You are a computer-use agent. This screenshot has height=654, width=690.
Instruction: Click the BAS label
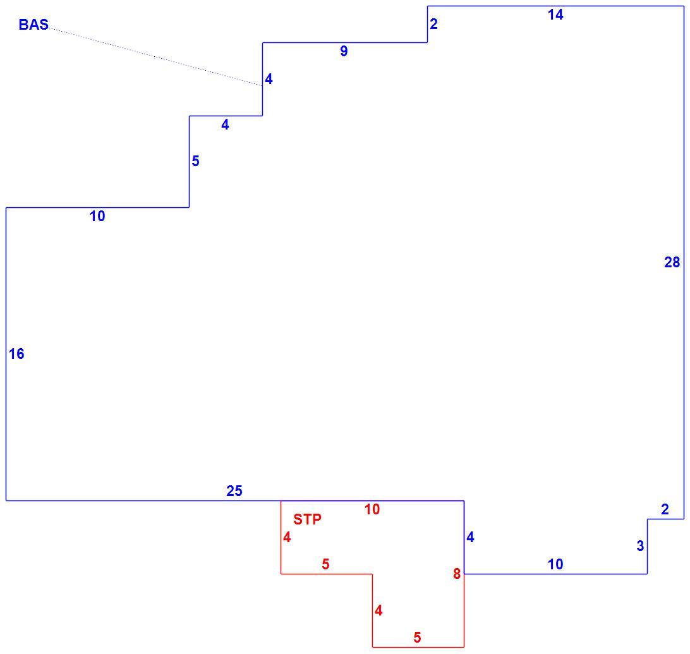pos(33,24)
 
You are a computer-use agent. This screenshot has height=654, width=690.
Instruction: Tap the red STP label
pos(307,519)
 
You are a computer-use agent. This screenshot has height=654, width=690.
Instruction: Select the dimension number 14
pos(555,15)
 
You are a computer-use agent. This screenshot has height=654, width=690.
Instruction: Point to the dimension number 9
pos(344,51)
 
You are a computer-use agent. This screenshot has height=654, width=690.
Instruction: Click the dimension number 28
pos(672,262)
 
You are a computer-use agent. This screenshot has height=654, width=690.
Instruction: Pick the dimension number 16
pos(16,353)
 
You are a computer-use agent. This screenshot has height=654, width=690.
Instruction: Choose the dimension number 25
pos(234,491)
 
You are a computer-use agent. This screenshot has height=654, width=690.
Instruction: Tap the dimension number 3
pos(640,546)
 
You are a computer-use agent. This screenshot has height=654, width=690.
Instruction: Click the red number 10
pos(372,509)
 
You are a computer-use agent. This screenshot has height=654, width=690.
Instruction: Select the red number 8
pos(457,574)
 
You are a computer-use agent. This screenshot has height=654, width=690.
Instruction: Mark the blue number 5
pos(195,161)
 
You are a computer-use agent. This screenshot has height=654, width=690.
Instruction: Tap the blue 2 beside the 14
pos(433,24)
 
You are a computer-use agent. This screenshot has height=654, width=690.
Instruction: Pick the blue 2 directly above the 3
pos(665,509)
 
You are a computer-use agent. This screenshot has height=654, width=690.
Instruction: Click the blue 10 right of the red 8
pos(555,564)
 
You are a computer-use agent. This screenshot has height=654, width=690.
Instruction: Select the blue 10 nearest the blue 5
pos(97,216)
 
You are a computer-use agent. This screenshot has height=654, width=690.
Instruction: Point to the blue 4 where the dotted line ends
pos(269,79)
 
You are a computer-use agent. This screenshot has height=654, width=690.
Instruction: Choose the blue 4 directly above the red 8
pos(470,537)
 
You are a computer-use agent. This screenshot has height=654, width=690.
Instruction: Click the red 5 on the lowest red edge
pos(417,637)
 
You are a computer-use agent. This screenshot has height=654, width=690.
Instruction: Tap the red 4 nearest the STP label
pos(287,537)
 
